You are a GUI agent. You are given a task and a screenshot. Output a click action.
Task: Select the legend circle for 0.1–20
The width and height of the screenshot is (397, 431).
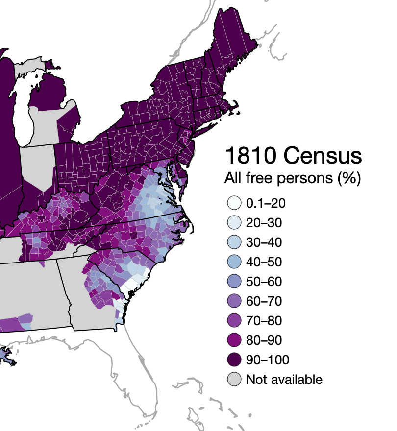click(x=234, y=203)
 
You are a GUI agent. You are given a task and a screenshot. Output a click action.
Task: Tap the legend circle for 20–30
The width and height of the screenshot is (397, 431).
click(x=234, y=223)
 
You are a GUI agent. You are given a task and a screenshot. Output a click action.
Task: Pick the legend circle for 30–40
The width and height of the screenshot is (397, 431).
click(x=234, y=242)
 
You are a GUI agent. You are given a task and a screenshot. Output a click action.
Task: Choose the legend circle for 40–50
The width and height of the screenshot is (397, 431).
click(x=234, y=262)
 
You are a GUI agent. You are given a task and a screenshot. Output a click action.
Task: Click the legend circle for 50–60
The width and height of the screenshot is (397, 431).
click(x=234, y=282)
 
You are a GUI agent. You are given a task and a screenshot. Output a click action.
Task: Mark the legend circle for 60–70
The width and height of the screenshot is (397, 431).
click(x=234, y=301)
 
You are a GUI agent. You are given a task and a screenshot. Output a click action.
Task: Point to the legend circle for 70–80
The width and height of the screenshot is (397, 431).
click(x=234, y=320)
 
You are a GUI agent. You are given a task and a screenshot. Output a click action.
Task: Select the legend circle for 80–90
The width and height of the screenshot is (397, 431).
click(x=234, y=340)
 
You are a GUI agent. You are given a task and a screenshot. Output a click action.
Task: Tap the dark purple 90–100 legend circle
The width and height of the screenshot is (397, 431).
click(x=234, y=359)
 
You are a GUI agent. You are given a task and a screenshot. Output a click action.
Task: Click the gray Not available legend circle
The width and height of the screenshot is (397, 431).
click(x=234, y=379)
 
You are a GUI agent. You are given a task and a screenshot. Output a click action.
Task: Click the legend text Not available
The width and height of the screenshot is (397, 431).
click(x=284, y=379)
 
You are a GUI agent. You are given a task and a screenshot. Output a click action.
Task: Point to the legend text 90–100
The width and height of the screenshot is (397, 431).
click(x=268, y=359)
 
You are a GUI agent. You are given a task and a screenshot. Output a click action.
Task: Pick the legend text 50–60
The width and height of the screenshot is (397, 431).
click(x=264, y=282)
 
